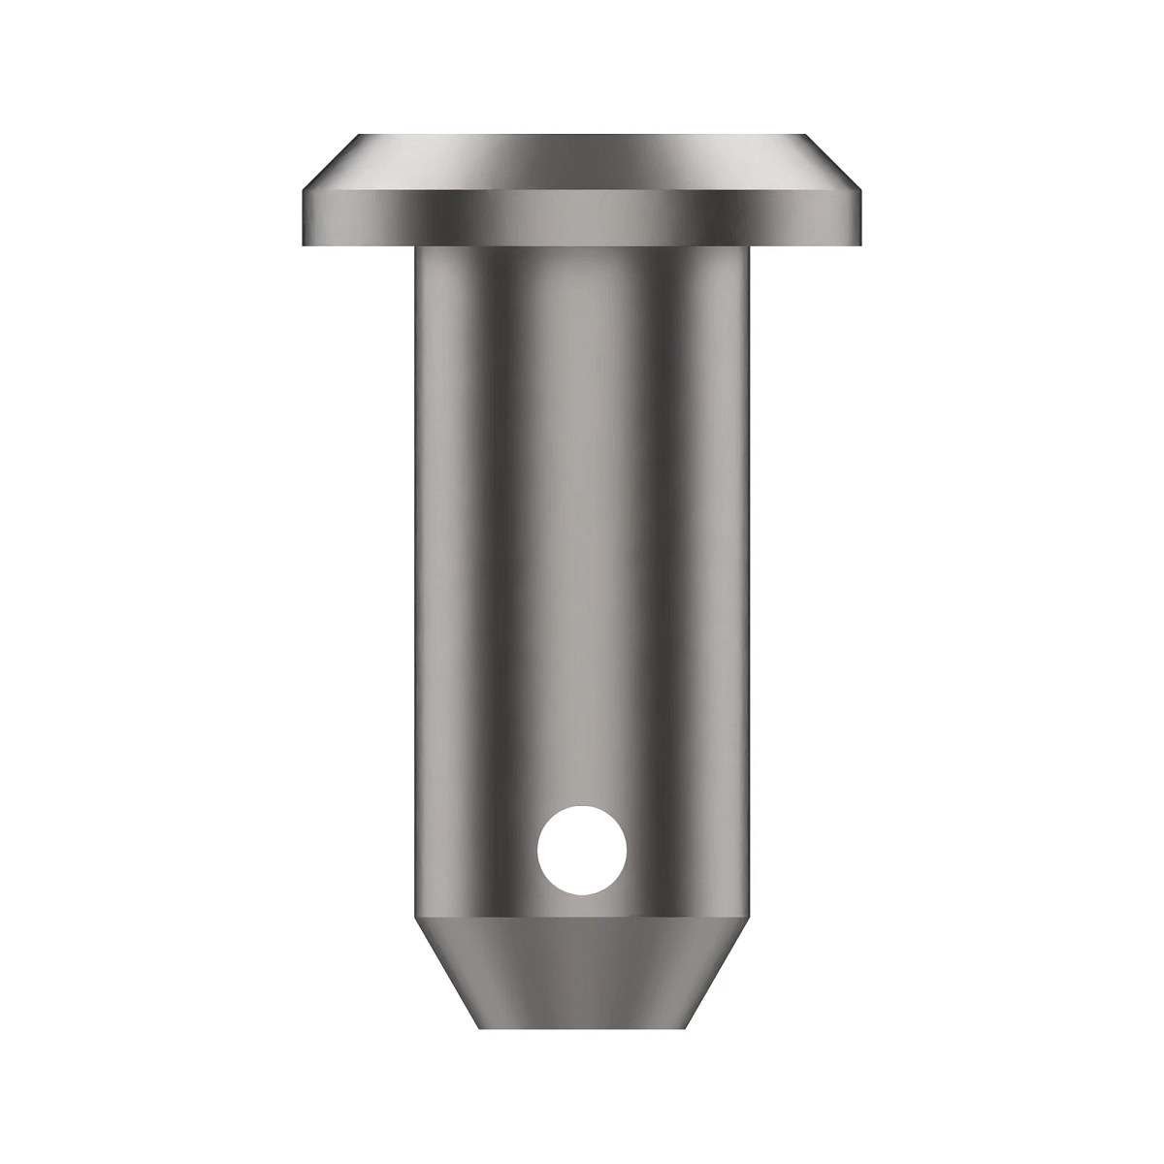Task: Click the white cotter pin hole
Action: point(582,849)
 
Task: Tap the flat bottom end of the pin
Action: point(582,1027)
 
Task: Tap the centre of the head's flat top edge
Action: point(582,136)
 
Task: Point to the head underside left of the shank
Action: point(359,244)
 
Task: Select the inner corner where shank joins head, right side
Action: point(749,246)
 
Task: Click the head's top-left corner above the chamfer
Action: point(360,135)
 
